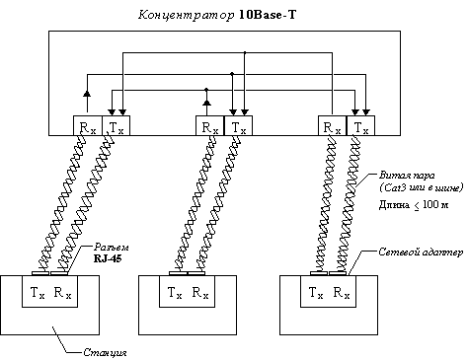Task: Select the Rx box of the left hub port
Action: pyautogui.click(x=85, y=126)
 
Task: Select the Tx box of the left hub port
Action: pyautogui.click(x=116, y=126)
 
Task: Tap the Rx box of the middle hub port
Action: pyautogui.click(x=207, y=126)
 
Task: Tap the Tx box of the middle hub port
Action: pyautogui.click(x=237, y=126)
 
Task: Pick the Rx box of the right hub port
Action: pyautogui.click(x=330, y=126)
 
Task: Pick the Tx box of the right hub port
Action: pyautogui.click(x=360, y=126)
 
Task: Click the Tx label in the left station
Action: pyautogui.click(x=39, y=293)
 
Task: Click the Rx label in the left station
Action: pyautogui.click(x=63, y=293)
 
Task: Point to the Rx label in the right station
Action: pyautogui.click(x=339, y=293)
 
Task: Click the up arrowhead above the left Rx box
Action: pyautogui.click(x=86, y=92)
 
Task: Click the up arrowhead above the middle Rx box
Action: pyautogui.click(x=207, y=99)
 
